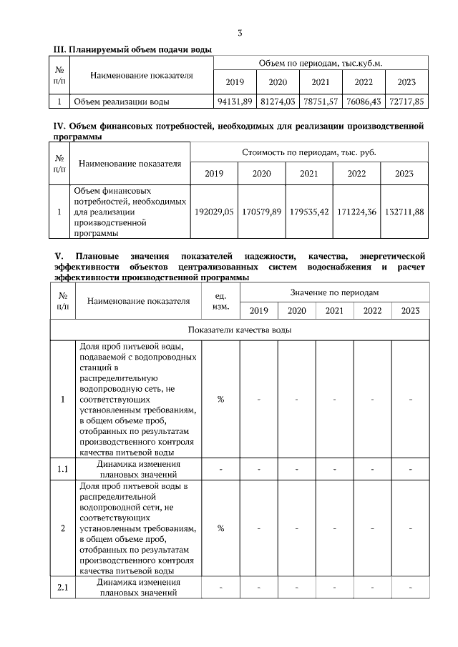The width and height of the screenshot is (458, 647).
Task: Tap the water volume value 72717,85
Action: [406, 102]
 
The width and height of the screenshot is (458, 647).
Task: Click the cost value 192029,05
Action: [214, 212]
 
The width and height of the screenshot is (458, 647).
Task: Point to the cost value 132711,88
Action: [404, 212]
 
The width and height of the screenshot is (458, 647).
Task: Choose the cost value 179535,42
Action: [309, 212]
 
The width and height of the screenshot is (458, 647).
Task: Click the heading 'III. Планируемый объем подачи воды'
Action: [133, 49]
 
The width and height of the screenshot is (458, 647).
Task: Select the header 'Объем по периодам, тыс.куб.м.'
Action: [321, 63]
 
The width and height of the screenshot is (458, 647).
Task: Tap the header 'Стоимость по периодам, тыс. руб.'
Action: [309, 152]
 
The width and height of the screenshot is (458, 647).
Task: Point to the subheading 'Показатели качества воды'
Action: [239, 330]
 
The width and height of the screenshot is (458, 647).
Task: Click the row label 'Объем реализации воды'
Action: [121, 102]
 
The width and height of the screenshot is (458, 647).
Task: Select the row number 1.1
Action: [62, 469]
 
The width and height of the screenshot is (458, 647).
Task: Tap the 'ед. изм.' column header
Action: [220, 301]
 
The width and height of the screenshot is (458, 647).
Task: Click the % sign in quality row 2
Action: [220, 528]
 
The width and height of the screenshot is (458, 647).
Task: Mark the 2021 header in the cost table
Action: [309, 174]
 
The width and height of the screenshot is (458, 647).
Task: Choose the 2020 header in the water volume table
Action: [278, 82]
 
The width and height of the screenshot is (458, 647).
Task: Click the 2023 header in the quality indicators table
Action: [410, 310]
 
